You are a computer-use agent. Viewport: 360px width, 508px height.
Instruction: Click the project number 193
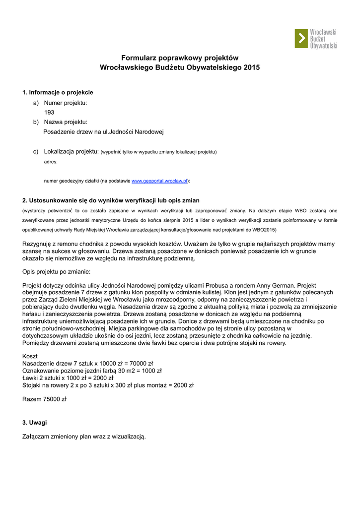coord(49,113)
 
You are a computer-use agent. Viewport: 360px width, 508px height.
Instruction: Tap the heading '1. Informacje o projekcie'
coord(58,92)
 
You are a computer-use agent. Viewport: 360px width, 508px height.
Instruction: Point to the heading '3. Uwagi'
coord(35,423)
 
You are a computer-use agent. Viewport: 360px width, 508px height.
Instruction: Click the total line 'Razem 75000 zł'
coord(45,399)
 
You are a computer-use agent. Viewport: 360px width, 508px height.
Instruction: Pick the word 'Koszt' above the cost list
coord(30,357)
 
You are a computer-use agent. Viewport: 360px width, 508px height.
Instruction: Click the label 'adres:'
coord(51,162)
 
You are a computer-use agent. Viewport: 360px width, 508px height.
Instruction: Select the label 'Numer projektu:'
coord(66,103)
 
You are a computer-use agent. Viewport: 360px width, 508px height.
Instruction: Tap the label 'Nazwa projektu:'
coord(66,122)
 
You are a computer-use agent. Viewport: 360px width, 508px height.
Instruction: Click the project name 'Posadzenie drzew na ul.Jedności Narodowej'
coord(103,132)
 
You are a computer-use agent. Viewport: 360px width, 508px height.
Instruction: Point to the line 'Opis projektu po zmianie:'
coord(57,272)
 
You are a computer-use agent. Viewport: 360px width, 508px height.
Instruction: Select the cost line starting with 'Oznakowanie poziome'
coord(92,371)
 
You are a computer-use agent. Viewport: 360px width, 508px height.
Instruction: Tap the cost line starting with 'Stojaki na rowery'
coord(108,384)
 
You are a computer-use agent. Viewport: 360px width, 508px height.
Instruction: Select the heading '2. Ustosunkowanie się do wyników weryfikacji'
coord(111,200)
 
